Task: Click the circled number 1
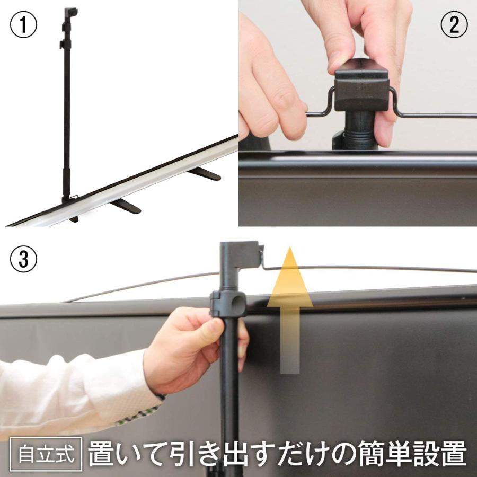coord(23,24)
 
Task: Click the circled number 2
coord(454,24)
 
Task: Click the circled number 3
coord(23,259)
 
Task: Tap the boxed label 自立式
coord(46,454)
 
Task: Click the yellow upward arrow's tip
coord(290,248)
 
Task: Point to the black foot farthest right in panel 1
coord(205,174)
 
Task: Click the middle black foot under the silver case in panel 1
coord(126,206)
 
